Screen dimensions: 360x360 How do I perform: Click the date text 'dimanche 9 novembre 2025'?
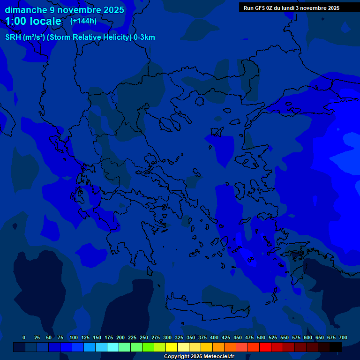pos(64,10)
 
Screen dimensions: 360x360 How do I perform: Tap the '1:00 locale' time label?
pos(33,21)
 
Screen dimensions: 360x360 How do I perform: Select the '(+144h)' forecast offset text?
pos(83,21)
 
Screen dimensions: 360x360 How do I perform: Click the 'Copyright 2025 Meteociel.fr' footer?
pos(199,356)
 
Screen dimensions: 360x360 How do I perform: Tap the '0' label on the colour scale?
pos(24,337)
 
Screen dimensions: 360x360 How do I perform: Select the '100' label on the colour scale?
pos(74,337)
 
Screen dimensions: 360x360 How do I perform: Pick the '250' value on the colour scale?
pos(144,337)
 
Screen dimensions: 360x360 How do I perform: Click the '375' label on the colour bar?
pos(202,337)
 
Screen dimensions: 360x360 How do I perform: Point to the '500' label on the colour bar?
pos(261,337)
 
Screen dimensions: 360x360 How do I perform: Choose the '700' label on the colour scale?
pos(343,337)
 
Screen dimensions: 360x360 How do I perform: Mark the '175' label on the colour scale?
pos(109,337)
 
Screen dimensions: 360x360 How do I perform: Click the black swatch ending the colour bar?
pos(336,347)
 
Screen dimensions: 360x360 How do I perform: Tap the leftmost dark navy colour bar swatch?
pos(19,347)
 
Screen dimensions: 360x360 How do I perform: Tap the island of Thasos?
pos(199,101)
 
